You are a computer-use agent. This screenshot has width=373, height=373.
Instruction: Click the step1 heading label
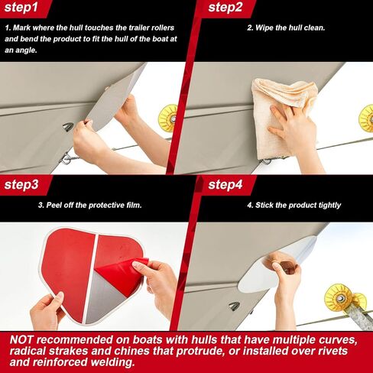pos(21,7)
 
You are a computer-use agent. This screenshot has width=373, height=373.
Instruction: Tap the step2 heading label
pos(225,7)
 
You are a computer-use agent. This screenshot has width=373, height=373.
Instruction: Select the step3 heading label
pos(21,184)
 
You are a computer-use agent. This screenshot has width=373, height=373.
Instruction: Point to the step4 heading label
pos(225,184)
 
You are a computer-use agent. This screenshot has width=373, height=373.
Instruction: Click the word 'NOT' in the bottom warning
pos(21,340)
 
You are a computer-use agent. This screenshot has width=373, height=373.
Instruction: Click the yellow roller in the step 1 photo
pos(168,118)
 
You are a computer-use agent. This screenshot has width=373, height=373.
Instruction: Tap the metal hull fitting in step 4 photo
pos(235,307)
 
